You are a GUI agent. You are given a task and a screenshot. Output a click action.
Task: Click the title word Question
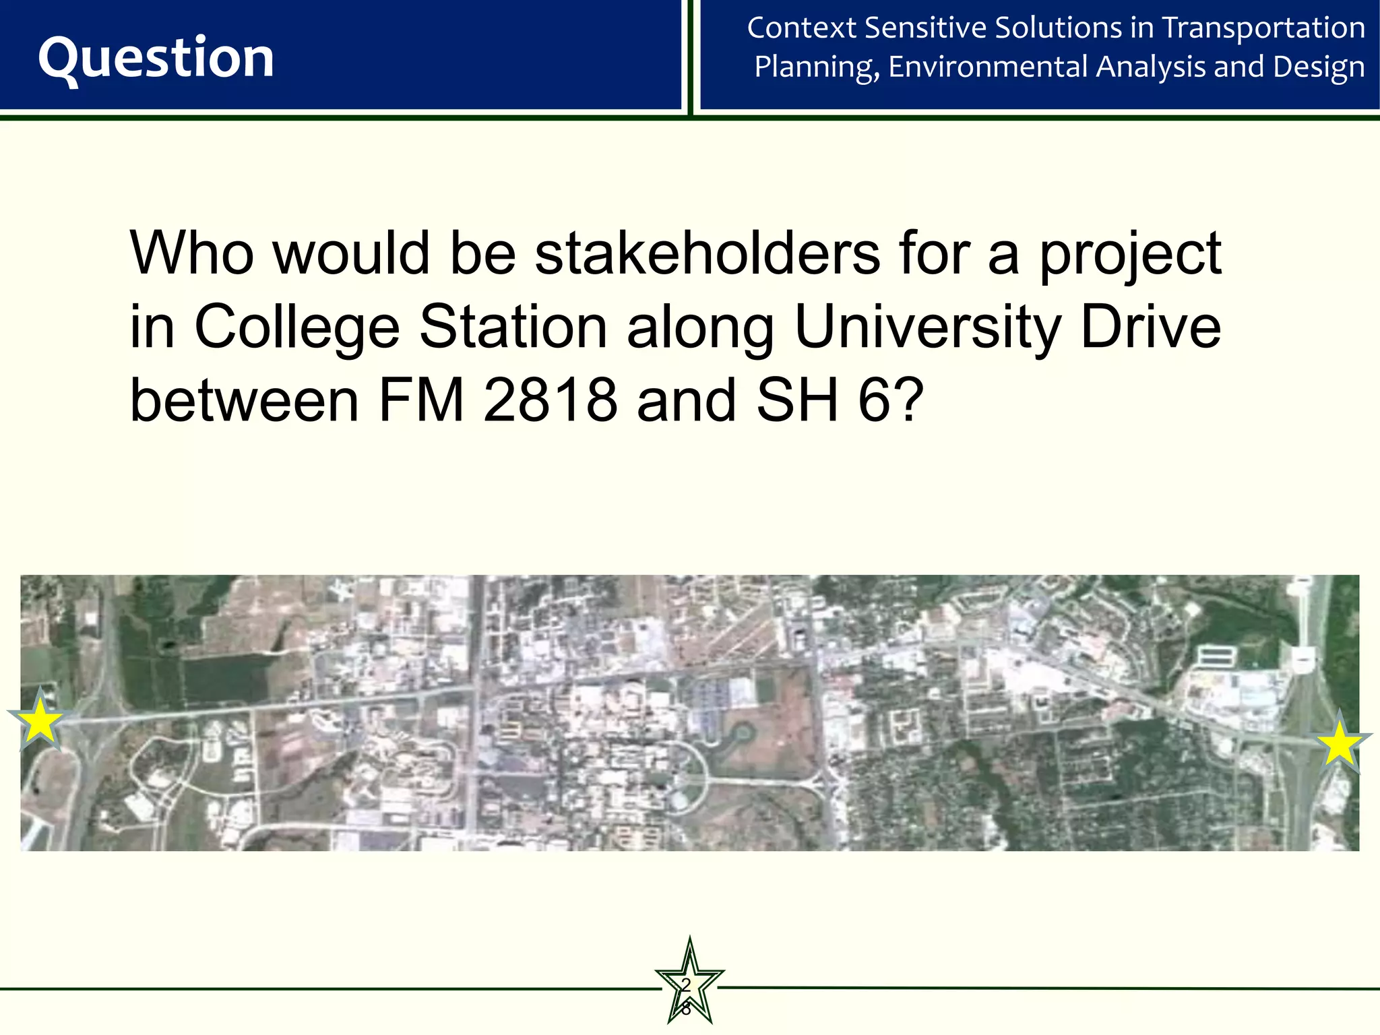[156, 59]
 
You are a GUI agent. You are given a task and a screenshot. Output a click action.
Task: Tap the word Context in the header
[801, 28]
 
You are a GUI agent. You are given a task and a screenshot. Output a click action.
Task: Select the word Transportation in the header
[1263, 28]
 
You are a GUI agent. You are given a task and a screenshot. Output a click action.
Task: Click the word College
[297, 328]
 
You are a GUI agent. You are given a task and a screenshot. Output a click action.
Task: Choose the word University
[929, 328]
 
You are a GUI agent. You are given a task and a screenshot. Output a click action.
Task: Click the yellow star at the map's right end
[1340, 744]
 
